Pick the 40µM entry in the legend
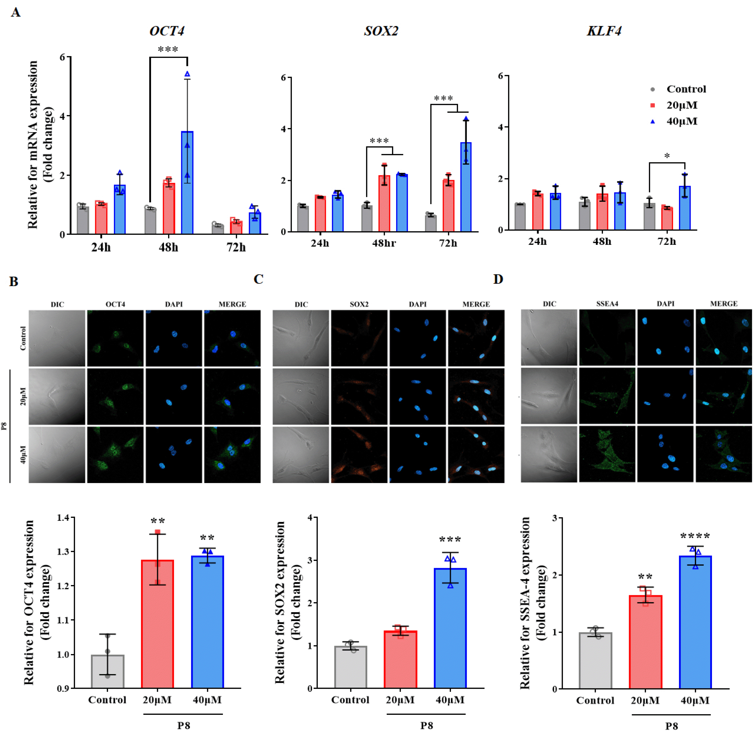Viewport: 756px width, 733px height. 682,121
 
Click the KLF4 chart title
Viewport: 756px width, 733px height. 604,31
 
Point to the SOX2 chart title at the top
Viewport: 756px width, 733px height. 381,31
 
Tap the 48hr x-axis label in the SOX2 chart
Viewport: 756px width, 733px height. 384,243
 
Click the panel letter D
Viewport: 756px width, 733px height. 498,279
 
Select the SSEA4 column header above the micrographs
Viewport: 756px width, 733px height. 607,304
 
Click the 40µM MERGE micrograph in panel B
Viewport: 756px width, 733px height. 232,454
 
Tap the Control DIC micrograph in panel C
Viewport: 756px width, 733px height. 301,338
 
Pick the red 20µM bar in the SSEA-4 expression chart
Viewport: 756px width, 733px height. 645,642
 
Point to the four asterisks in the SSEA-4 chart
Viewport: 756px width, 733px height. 695,536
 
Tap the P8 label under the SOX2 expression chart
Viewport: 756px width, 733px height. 427,725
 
